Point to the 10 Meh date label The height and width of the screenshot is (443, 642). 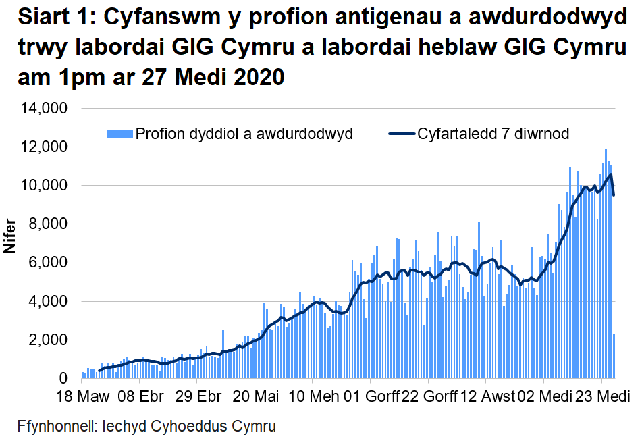coord(313,396)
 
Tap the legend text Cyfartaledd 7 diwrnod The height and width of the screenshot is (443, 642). coord(493,134)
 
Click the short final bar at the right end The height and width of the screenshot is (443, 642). coord(614,356)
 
